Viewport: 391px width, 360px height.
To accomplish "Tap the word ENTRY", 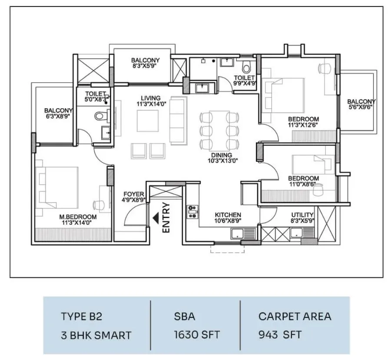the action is [x=166, y=217].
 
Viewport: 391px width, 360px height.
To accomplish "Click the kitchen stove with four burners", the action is [x=192, y=212].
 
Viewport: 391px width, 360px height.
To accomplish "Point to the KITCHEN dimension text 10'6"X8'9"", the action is [x=228, y=220].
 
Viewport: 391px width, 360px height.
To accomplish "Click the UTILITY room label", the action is [x=302, y=215].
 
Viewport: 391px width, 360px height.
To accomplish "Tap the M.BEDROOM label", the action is [x=78, y=217].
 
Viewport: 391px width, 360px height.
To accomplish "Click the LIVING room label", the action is [x=151, y=98].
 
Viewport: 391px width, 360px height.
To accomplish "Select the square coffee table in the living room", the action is [x=148, y=121].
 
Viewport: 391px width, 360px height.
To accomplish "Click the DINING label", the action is [x=222, y=155].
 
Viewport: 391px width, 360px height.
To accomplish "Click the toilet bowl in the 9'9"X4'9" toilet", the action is [x=247, y=67].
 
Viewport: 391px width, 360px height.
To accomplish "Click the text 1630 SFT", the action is [x=197, y=334].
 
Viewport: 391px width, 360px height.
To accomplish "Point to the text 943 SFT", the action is [x=280, y=334].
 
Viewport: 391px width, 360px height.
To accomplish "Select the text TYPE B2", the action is [x=82, y=317].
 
